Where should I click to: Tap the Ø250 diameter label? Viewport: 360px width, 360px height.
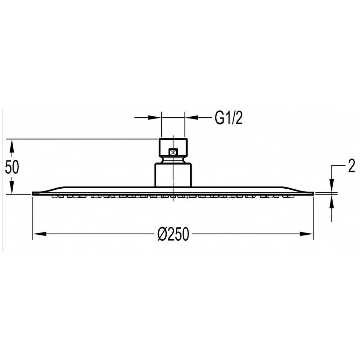(x=174, y=234)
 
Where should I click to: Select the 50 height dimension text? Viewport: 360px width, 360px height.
(x=12, y=167)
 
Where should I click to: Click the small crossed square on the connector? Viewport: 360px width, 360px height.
(x=173, y=152)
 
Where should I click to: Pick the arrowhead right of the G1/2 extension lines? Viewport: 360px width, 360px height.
(x=192, y=118)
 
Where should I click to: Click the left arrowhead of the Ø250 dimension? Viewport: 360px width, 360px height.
(x=40, y=234)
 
